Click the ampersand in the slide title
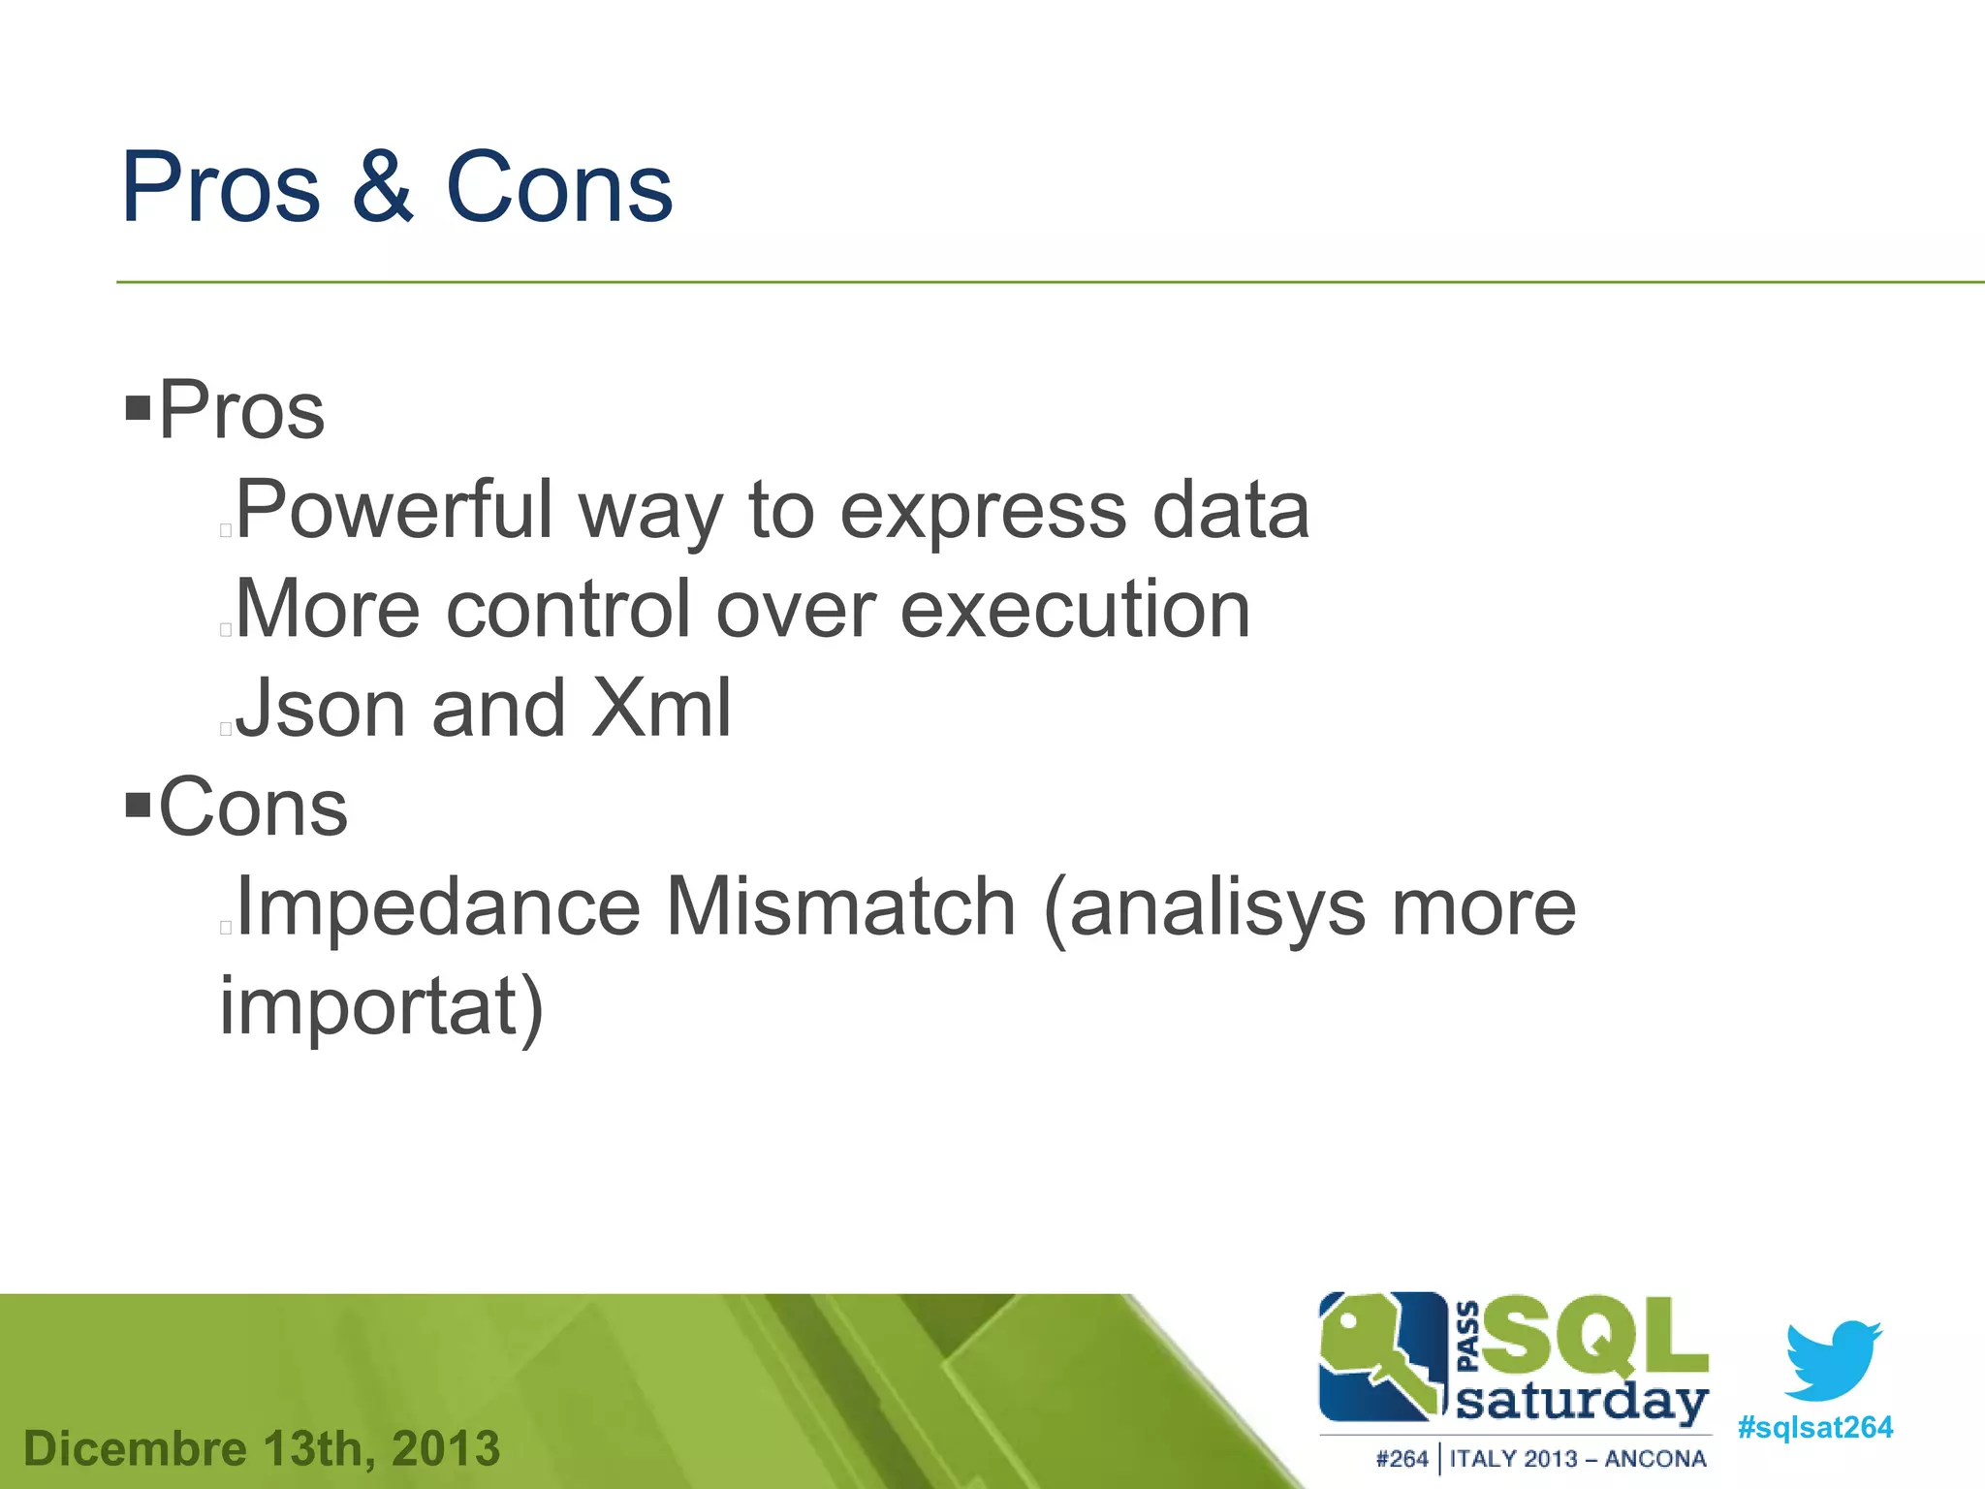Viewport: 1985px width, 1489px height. point(383,188)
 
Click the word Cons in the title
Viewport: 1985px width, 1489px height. point(558,188)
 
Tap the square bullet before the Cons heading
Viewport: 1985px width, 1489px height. point(139,804)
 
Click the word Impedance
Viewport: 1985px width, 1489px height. point(438,908)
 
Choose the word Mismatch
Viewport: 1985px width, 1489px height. point(840,908)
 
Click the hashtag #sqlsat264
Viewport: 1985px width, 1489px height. point(1814,1428)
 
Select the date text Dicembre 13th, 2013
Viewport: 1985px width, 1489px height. point(262,1448)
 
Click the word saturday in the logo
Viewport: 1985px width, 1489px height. point(1582,1403)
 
